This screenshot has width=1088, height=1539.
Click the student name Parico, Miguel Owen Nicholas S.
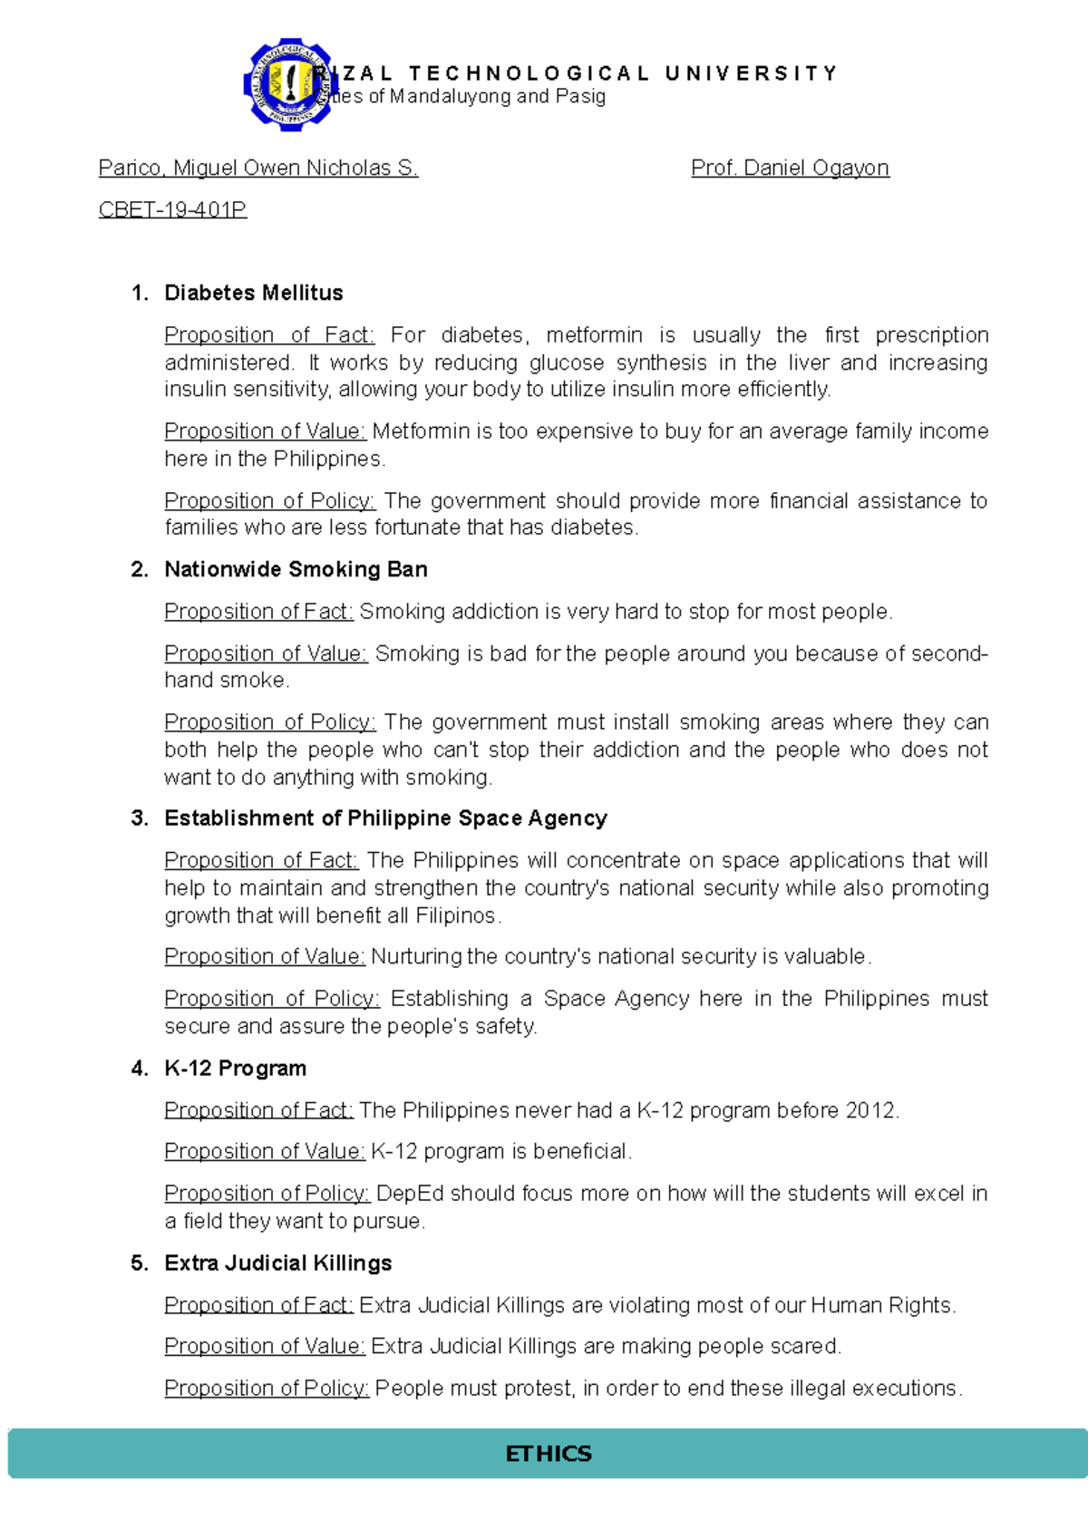258,168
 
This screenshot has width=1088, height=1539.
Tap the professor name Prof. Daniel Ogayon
790,168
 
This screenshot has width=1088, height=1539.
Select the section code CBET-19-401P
172,210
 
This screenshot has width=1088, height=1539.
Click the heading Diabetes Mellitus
254,293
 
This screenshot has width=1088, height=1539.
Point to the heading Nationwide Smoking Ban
296,569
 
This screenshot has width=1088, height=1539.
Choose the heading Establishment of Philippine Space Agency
385,818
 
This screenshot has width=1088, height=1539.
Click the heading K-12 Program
235,1069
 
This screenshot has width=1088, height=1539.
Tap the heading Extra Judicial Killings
277,1263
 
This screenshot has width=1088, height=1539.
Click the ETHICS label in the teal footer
548,1454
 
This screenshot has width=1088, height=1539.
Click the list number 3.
139,818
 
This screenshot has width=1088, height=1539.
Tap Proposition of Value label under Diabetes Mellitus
265,431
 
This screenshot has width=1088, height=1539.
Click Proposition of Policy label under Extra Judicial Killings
267,1389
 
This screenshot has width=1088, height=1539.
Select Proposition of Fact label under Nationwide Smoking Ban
258,612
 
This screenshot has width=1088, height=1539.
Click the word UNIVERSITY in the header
752,73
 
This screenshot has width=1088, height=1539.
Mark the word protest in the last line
539,1389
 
